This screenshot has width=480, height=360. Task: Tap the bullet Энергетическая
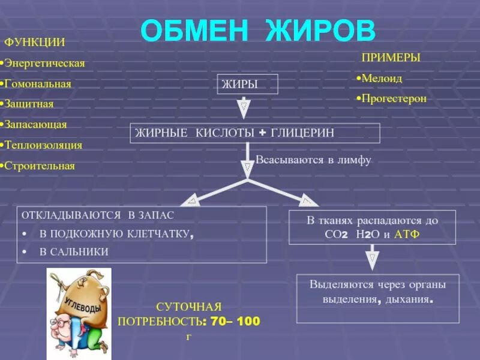click(x=44, y=63)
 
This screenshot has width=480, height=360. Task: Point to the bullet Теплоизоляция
click(x=43, y=145)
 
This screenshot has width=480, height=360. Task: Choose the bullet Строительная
click(x=39, y=166)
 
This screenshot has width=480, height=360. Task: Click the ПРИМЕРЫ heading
click(x=391, y=58)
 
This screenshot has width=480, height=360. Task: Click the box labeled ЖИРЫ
click(x=247, y=85)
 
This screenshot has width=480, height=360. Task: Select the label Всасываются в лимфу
click(x=314, y=160)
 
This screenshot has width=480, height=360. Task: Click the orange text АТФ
click(x=406, y=234)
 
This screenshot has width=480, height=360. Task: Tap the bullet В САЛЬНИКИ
click(x=74, y=252)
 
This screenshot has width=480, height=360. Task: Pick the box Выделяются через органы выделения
click(x=377, y=291)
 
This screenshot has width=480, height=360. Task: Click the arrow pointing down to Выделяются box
click(x=372, y=259)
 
